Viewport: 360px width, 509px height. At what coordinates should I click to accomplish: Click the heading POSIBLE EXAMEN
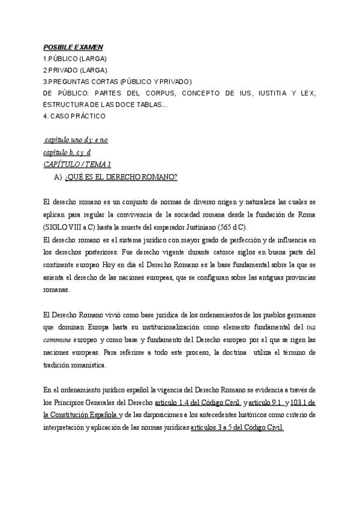point(73,47)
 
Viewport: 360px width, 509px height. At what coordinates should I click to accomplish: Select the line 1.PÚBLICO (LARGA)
point(75,58)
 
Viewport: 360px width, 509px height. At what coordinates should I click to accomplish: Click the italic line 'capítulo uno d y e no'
point(76,140)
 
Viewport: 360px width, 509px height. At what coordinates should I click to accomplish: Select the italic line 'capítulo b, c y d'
point(67,152)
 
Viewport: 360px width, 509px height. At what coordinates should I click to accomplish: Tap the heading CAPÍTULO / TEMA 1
point(77,164)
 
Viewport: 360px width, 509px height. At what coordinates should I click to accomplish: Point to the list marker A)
point(58,176)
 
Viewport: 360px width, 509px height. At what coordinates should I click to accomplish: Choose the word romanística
point(85,364)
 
